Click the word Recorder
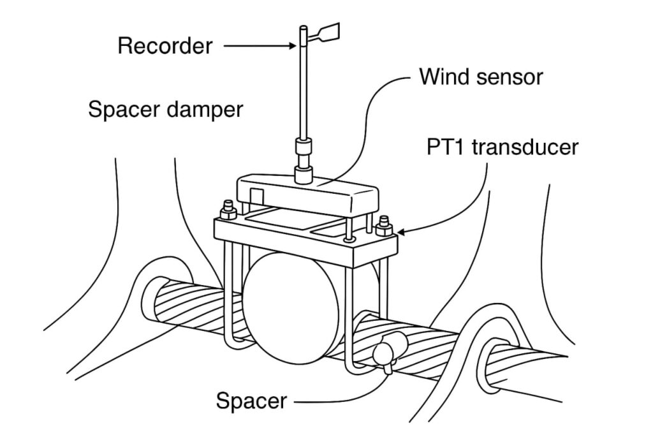(x=165, y=47)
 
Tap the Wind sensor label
(x=480, y=77)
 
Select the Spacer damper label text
(x=165, y=110)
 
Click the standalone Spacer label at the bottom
(x=251, y=402)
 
